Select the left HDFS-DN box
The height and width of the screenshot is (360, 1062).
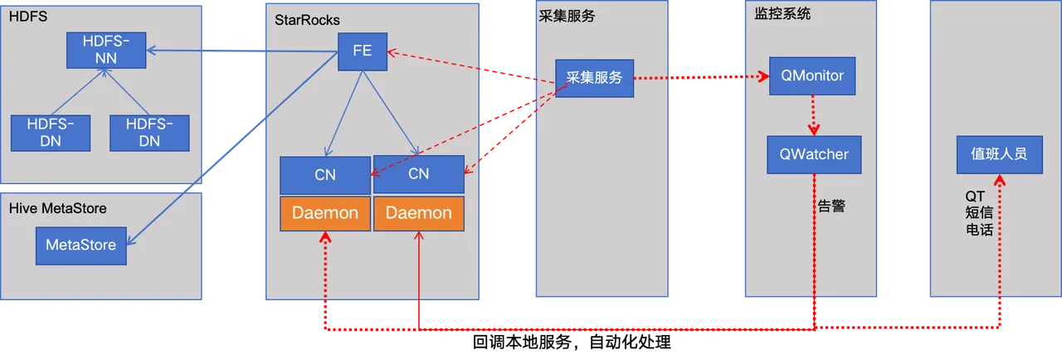50,133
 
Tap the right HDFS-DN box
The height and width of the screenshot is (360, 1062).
149,133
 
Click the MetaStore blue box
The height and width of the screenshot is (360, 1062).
80,246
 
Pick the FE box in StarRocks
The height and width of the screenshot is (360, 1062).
363,51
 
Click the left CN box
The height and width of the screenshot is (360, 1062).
324,174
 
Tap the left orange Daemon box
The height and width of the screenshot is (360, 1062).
324,213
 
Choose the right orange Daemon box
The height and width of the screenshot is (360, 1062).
419,213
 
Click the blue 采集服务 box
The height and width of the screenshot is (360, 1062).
594,78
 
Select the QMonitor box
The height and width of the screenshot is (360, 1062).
812,76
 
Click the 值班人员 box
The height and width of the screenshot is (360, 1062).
999,154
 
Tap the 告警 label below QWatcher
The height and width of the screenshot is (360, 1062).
831,207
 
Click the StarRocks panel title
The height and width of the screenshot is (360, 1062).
306,20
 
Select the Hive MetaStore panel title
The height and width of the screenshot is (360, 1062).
57,208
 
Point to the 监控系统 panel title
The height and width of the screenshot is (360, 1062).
782,15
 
